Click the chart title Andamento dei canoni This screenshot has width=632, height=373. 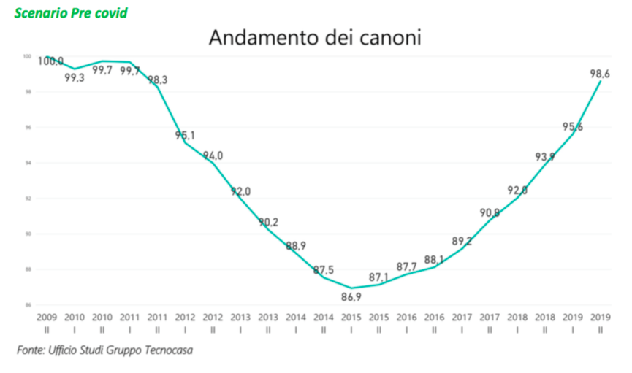pyautogui.click(x=315, y=37)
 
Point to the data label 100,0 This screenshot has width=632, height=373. pyautogui.click(x=50, y=61)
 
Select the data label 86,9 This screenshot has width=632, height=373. pyautogui.click(x=352, y=297)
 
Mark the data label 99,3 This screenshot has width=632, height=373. pyautogui.click(x=75, y=77)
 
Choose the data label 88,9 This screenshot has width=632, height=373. pyautogui.click(x=296, y=246)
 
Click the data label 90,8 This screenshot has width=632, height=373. pyautogui.click(x=489, y=212)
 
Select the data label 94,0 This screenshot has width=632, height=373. pyautogui.click(x=212, y=155)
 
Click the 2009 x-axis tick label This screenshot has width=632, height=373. pyautogui.click(x=47, y=318)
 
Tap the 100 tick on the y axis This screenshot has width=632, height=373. pyautogui.click(x=26, y=57)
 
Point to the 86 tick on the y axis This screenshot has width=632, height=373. pyautogui.click(x=28, y=305)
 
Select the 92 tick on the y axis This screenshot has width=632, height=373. pyautogui.click(x=28, y=199)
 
